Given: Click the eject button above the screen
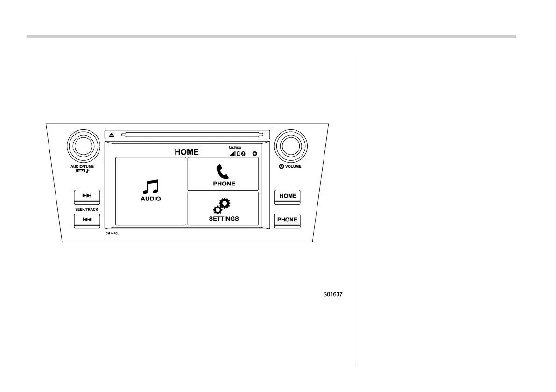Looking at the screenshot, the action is [x=112, y=135].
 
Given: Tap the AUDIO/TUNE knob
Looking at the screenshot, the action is [x=84, y=145].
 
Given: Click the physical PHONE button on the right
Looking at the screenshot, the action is [x=288, y=220].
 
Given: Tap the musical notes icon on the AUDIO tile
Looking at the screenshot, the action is [x=151, y=187].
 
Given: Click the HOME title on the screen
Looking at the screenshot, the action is [x=187, y=152].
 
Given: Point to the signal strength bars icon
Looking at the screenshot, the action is [x=232, y=153].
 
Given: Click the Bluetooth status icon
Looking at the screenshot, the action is [x=243, y=153].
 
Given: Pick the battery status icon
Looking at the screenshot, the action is [x=238, y=153].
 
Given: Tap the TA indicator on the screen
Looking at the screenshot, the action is [x=232, y=147].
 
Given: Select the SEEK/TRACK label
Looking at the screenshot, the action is [x=87, y=209].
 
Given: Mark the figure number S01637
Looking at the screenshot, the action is [x=333, y=295].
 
